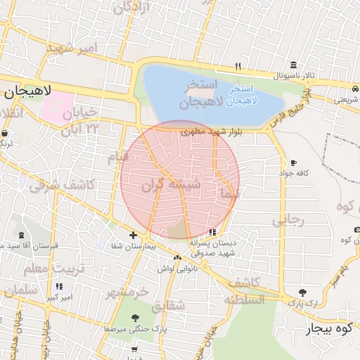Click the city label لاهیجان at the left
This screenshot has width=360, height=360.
26,92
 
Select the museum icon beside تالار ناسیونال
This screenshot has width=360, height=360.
292,65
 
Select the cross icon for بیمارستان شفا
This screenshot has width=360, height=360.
133,235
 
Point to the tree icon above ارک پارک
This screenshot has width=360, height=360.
302,292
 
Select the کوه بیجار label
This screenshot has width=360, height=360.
328,328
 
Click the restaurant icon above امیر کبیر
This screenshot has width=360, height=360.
59,287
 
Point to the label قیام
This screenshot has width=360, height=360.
118,157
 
